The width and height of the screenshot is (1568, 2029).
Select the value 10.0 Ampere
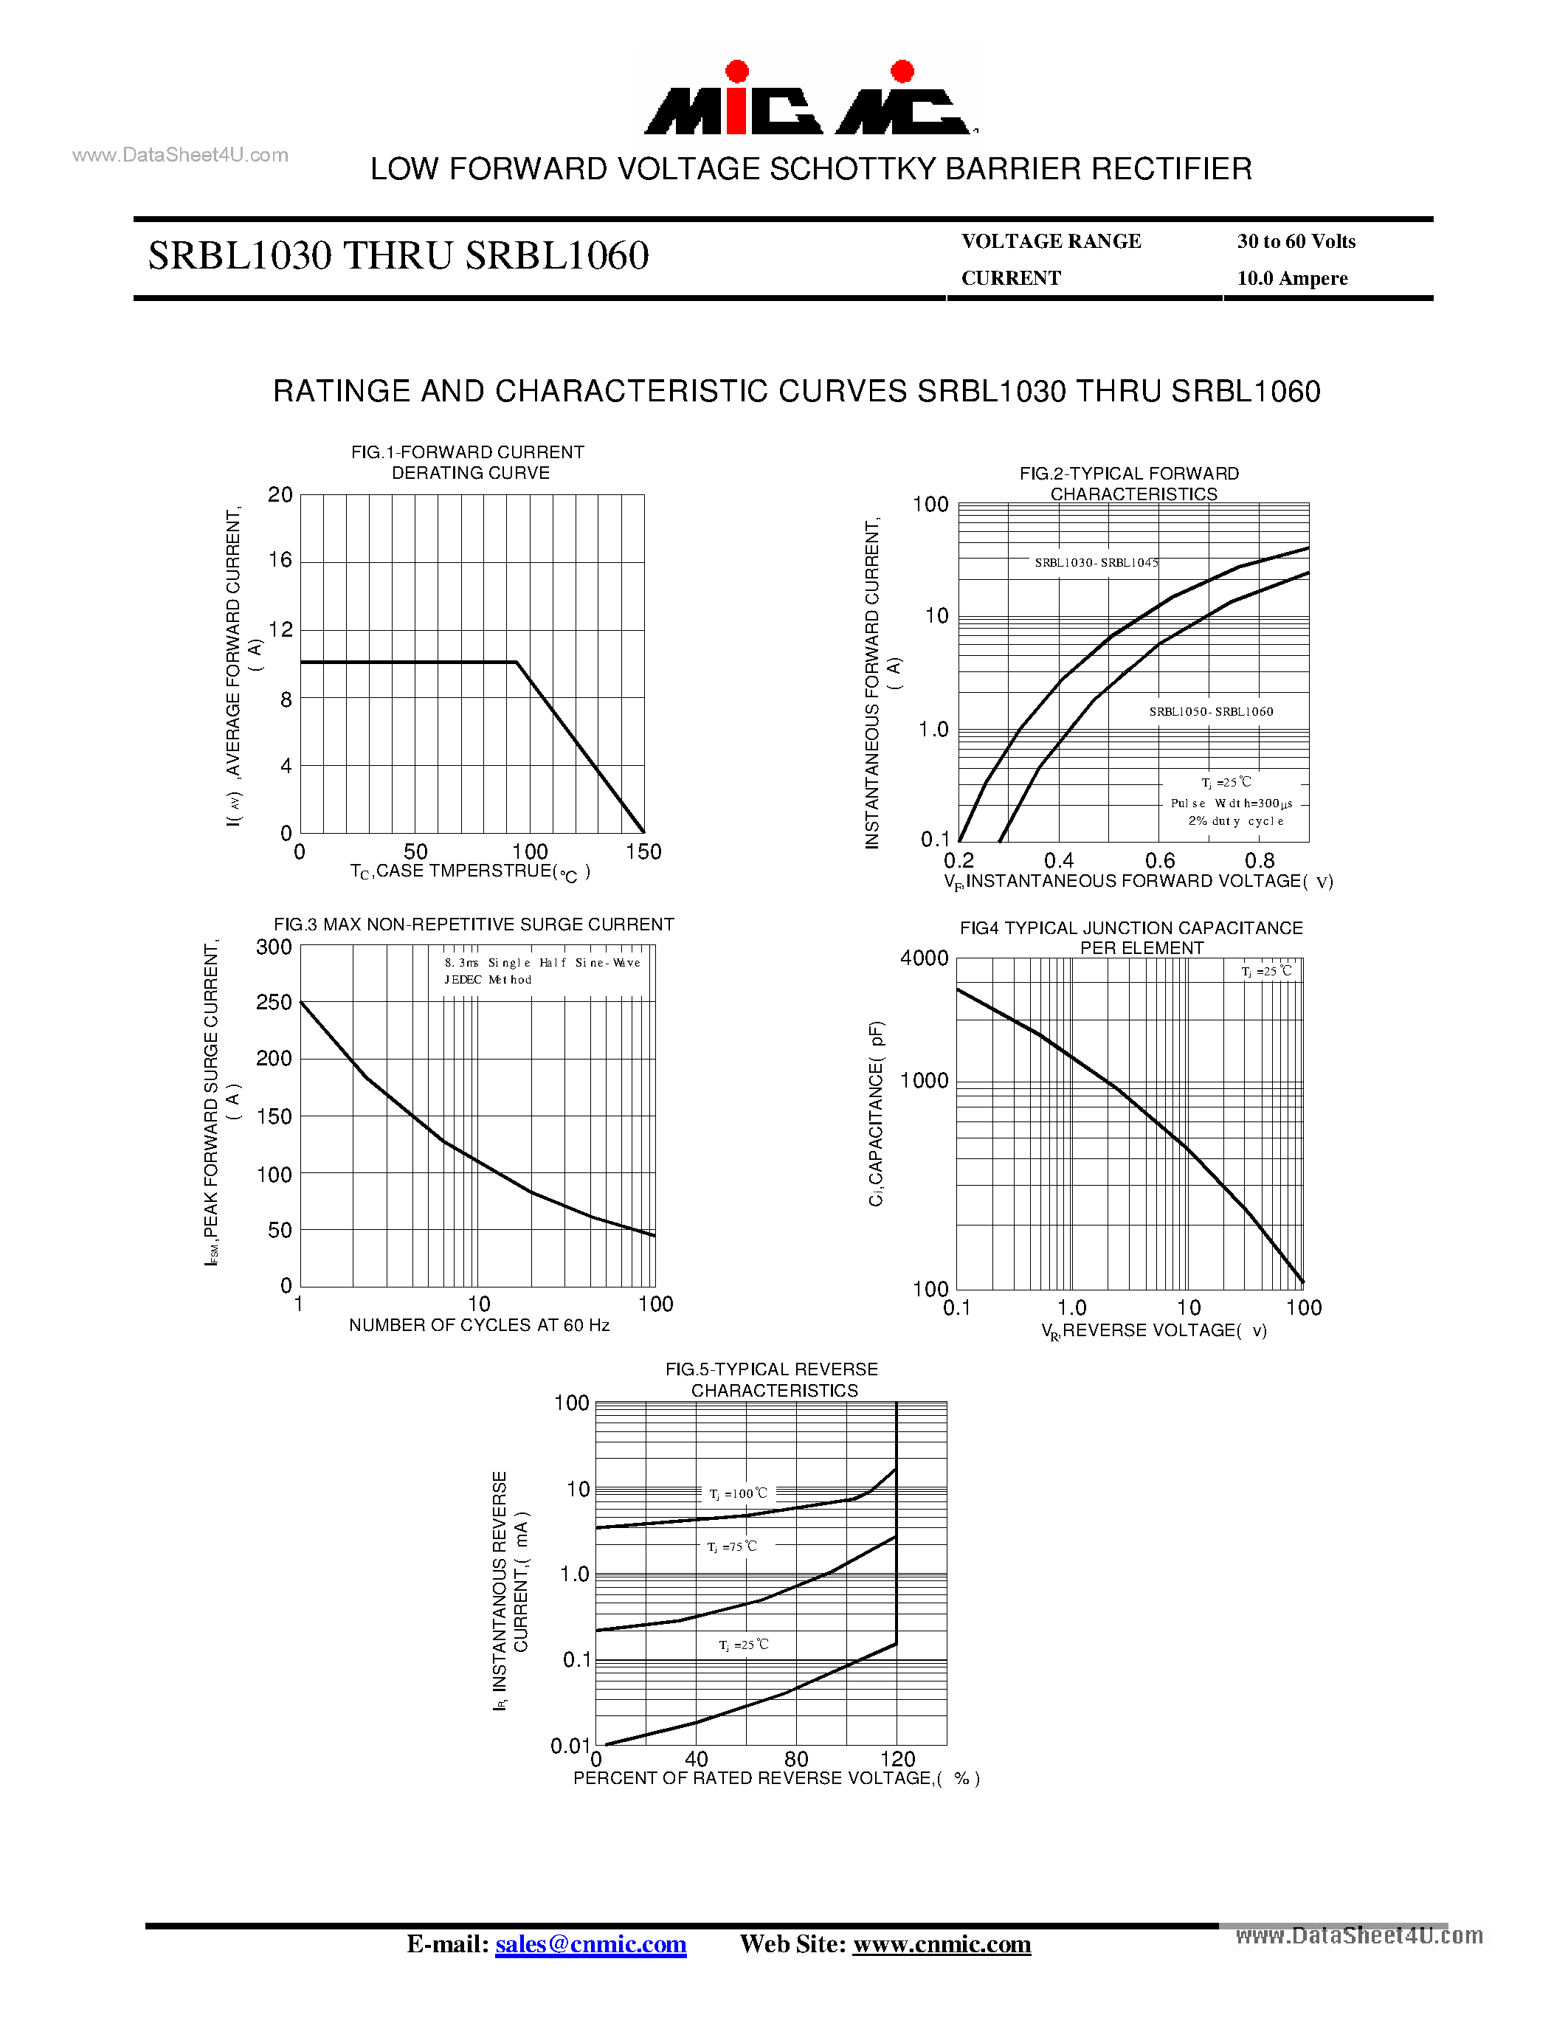(1292, 279)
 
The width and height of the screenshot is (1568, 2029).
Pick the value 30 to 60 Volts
(1296, 241)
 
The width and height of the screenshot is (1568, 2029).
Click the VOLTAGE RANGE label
(1051, 241)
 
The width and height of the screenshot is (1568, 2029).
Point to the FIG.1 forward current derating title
(468, 462)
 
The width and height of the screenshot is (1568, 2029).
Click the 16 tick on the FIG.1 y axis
(280, 560)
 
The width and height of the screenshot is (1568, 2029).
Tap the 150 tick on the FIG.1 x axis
(643, 852)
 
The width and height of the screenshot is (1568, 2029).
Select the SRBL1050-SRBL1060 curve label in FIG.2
(1210, 712)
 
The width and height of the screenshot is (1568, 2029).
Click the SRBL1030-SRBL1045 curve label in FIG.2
(1096, 563)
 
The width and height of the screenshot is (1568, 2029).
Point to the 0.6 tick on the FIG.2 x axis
(1159, 861)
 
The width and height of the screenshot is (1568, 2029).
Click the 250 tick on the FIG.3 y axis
(274, 1003)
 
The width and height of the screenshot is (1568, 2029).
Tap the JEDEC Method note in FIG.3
(488, 980)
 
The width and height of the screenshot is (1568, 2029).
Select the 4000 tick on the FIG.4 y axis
(925, 958)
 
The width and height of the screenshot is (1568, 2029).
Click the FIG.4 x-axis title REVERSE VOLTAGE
(1154, 1331)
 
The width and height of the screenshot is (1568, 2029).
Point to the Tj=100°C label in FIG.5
(739, 1494)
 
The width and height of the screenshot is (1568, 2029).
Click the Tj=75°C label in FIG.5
(732, 1546)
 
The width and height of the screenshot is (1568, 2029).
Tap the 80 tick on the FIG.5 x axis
(796, 1759)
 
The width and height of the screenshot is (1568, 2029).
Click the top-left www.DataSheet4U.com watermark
(180, 155)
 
